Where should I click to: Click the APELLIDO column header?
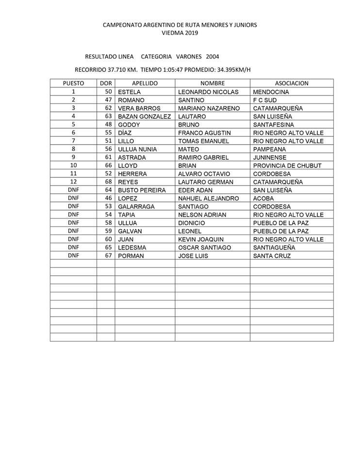point(145,83)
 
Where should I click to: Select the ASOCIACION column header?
point(292,83)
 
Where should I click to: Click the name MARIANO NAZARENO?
point(209,108)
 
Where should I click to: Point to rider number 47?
point(108,100)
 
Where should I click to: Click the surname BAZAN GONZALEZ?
point(145,116)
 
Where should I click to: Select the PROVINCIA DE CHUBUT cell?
point(287,166)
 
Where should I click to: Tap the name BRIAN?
point(188,166)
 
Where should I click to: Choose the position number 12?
point(73,182)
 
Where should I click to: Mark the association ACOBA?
point(264,198)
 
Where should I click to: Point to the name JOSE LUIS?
point(193,255)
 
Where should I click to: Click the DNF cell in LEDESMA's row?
point(73,247)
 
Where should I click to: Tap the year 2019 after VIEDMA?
point(190,33)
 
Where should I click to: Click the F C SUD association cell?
point(265,100)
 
